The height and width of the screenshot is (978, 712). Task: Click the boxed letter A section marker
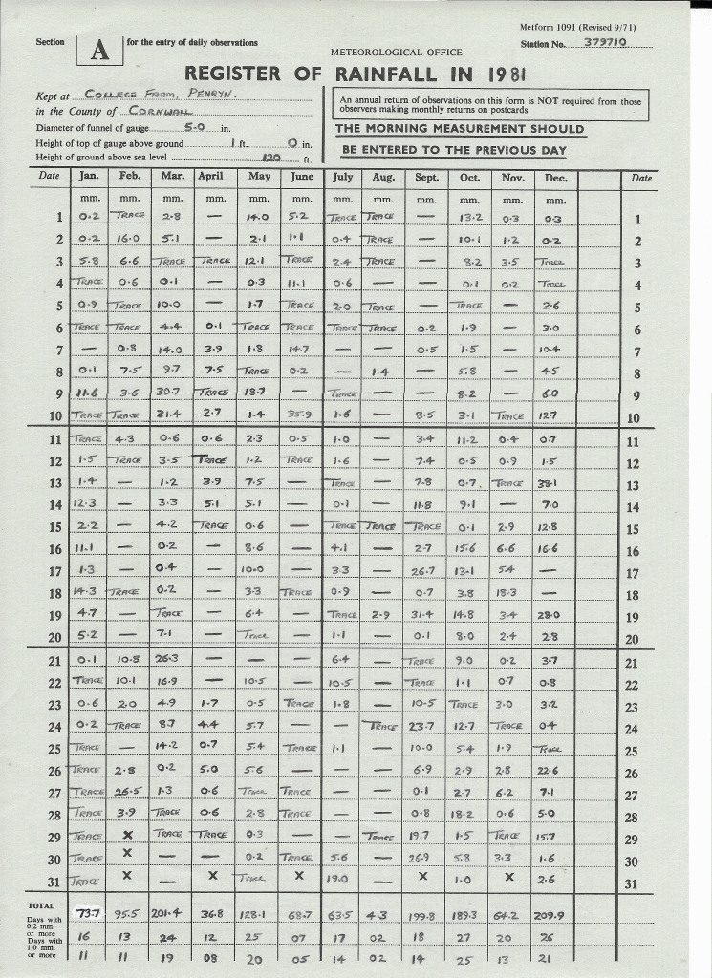coord(99,52)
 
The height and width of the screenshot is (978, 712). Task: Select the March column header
coord(172,177)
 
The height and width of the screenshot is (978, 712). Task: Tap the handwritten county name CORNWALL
coord(155,111)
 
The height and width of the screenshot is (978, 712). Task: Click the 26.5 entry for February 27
coord(129,792)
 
